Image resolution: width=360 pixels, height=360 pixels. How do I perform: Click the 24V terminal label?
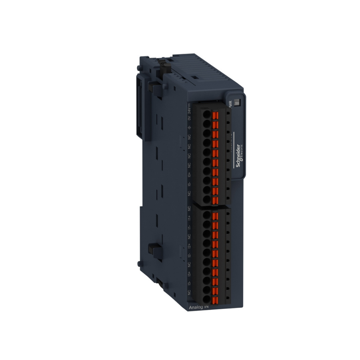coord(189,109)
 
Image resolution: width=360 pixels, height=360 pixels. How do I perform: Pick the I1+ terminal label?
coord(189,218)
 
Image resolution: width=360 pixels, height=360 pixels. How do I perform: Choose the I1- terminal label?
coord(189,228)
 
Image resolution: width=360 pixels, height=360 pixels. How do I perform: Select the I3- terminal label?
coord(189,283)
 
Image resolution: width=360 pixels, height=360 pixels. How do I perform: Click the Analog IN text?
coord(198,307)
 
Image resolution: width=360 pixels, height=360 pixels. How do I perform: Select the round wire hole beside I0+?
coord(207,171)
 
